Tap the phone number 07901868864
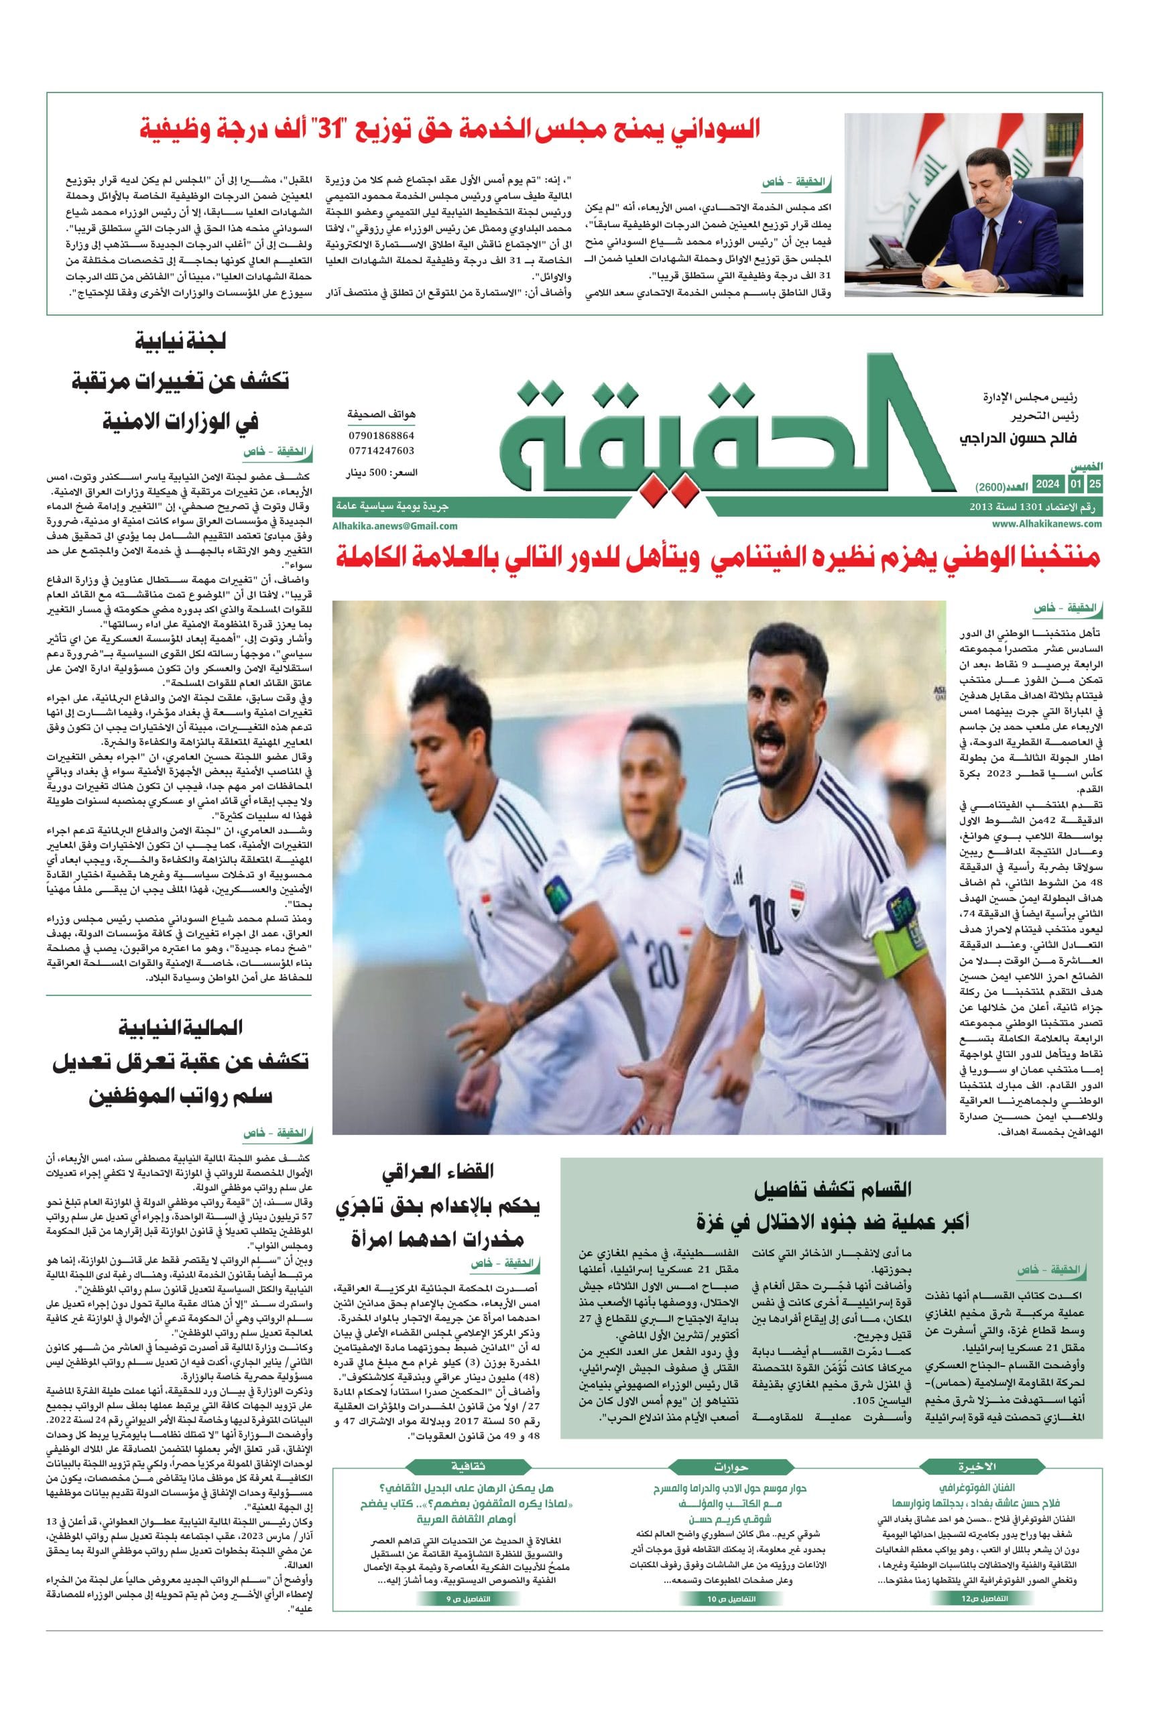coord(381,435)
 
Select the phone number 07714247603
coord(381,450)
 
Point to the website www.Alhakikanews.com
coord(1047,523)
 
